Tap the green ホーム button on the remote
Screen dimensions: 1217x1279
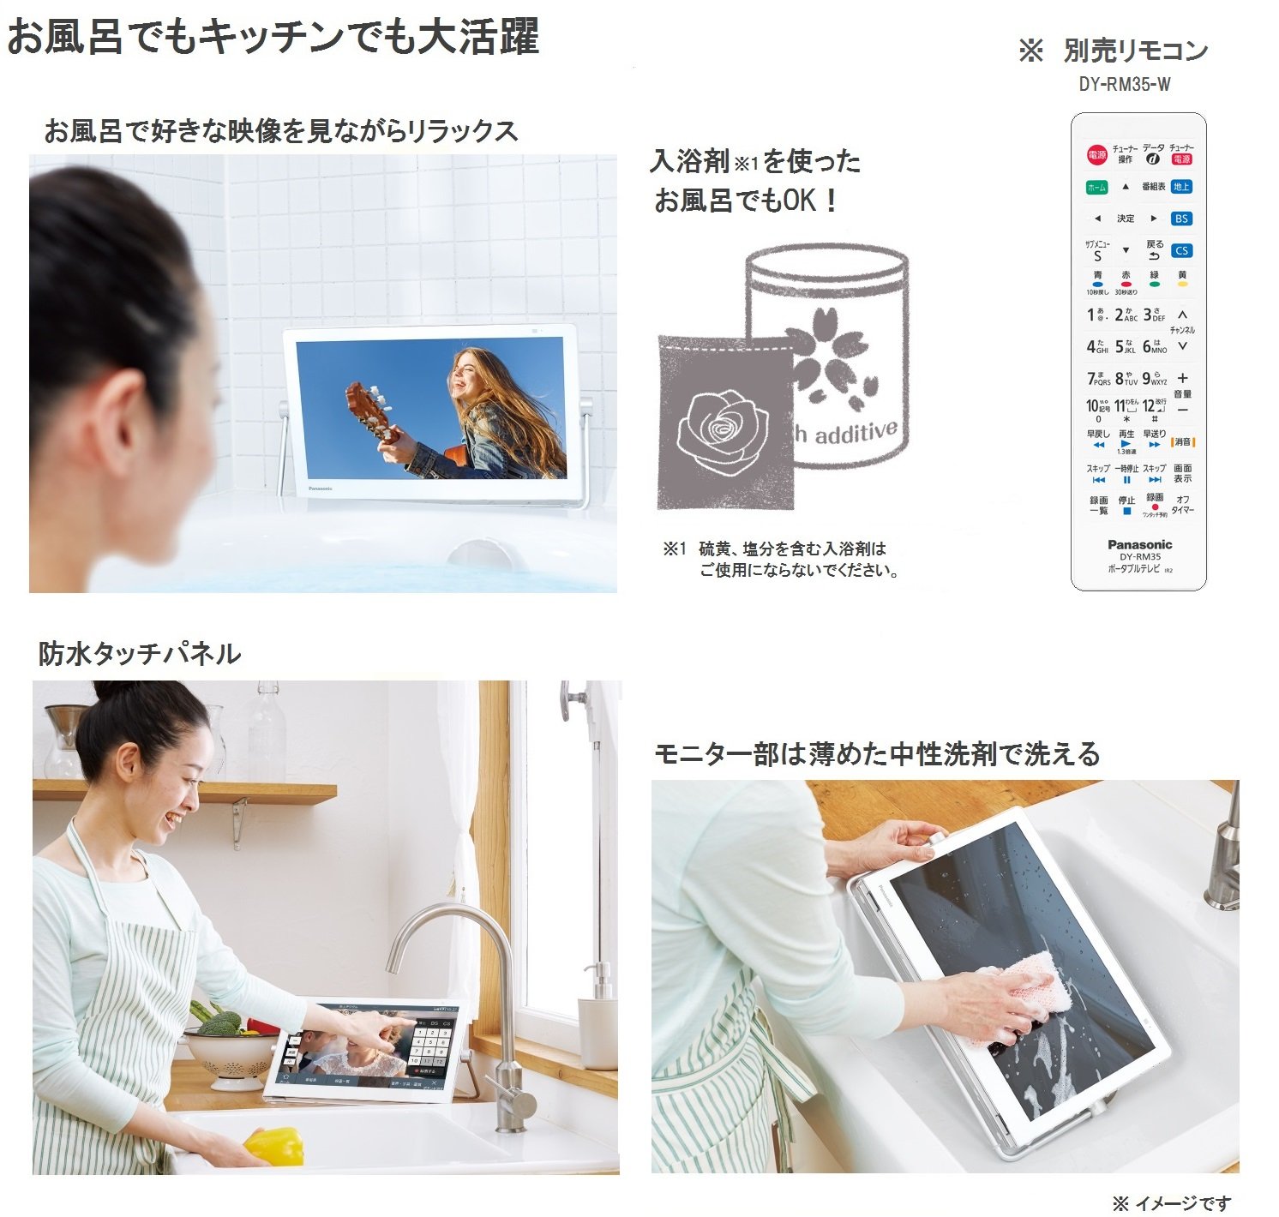pyautogui.click(x=1096, y=187)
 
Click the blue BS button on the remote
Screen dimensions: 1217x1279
pyautogui.click(x=1181, y=219)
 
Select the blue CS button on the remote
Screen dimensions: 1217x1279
pyautogui.click(x=1181, y=250)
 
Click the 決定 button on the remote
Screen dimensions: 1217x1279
pyautogui.click(x=1126, y=219)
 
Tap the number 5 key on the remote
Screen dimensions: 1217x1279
pyautogui.click(x=1125, y=346)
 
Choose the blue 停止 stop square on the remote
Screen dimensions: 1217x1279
pyautogui.click(x=1126, y=511)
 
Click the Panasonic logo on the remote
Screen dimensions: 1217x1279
pyautogui.click(x=1139, y=544)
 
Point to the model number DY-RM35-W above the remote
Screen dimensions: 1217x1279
pyautogui.click(x=1125, y=84)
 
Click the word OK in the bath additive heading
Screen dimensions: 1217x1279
pyautogui.click(x=799, y=201)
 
